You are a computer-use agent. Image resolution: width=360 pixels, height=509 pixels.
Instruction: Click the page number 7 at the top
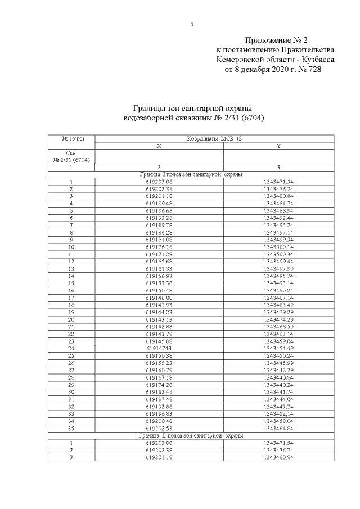pos(192,25)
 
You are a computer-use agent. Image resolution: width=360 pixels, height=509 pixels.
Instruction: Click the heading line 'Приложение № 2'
pos(277,40)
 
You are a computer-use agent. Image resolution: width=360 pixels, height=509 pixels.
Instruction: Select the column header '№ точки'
pos(71,138)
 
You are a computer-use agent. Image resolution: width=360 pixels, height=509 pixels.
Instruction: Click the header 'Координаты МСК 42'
pos(214,138)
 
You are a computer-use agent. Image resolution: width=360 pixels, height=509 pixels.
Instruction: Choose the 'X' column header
pos(159,145)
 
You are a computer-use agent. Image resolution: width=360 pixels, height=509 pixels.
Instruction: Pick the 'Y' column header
pos(279,145)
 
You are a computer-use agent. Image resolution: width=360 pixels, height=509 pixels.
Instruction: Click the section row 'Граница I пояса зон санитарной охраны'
pos(191,174)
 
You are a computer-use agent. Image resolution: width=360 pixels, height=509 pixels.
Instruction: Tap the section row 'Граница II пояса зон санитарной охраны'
pos(191,435)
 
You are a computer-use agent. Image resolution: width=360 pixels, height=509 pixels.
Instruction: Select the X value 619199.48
pos(159,203)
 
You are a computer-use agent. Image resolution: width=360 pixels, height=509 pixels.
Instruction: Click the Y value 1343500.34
pos(279,254)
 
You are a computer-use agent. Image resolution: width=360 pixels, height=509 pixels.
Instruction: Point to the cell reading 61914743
pos(159,348)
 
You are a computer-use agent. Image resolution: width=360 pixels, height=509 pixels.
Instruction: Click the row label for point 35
pos(71,428)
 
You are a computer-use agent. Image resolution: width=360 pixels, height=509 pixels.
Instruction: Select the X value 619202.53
pos(159,428)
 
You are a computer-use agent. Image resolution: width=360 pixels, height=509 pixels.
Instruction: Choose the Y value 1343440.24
pos(279,385)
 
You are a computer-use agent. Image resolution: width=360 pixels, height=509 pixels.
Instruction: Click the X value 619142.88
pos(159,327)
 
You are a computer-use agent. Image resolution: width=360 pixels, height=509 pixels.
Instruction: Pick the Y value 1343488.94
pos(279,210)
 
